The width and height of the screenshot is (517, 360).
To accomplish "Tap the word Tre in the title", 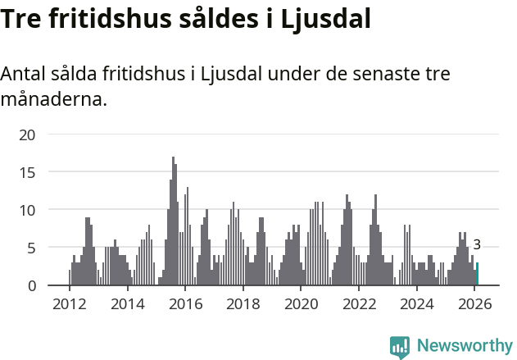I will (x=23, y=20).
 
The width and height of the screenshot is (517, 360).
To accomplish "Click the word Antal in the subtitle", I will (x=24, y=75).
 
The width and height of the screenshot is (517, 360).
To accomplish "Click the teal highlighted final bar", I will (x=477, y=274).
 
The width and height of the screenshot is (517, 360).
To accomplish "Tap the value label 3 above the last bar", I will (x=477, y=244).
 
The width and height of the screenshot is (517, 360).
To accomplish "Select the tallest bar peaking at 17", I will (x=173, y=221).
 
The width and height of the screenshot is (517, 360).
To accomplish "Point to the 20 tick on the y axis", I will (x=27, y=134).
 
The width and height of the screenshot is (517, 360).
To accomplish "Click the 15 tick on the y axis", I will (x=27, y=172).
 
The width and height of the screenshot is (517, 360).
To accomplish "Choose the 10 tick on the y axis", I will (x=27, y=210).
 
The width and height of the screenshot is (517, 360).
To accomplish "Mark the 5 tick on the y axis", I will (x=31, y=248).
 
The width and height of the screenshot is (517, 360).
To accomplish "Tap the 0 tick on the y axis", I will (x=31, y=285).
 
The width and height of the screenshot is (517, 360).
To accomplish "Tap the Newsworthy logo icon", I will (x=400, y=347).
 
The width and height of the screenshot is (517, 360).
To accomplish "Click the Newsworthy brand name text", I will (x=464, y=346).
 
